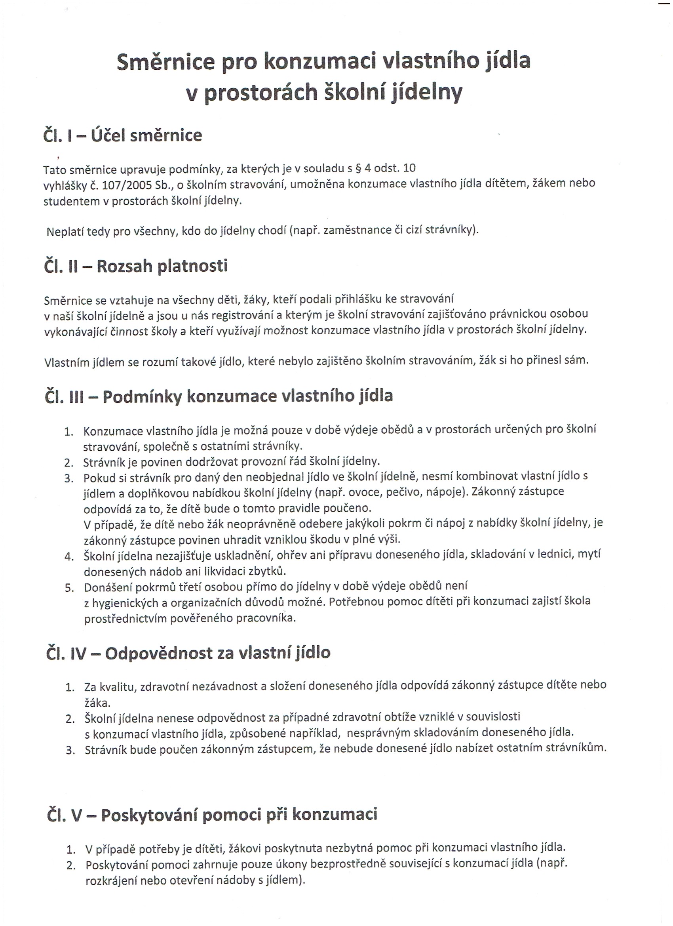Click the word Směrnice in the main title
[x=166, y=61]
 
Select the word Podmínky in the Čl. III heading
[x=142, y=396]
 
